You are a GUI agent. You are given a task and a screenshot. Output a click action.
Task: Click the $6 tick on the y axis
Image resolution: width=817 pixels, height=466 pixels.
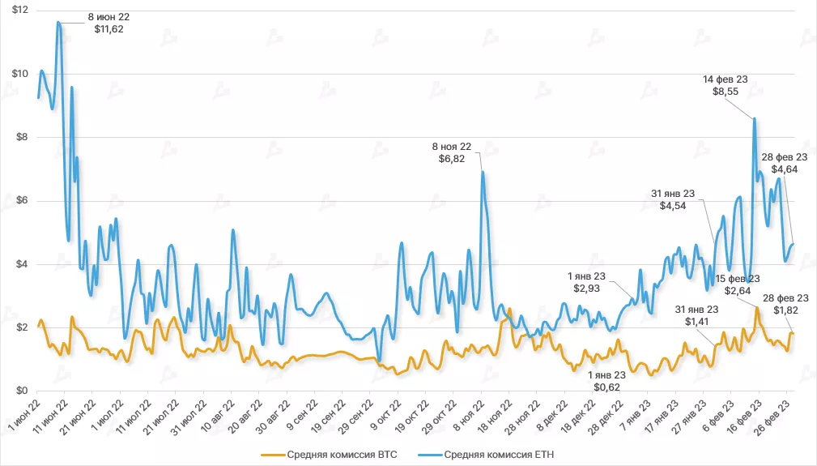pos(20,200)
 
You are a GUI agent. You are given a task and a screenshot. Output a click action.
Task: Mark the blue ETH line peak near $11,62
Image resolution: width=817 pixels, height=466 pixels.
pos(58,22)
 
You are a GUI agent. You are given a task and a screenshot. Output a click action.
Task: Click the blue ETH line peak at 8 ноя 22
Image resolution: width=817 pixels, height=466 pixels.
pos(483,172)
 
